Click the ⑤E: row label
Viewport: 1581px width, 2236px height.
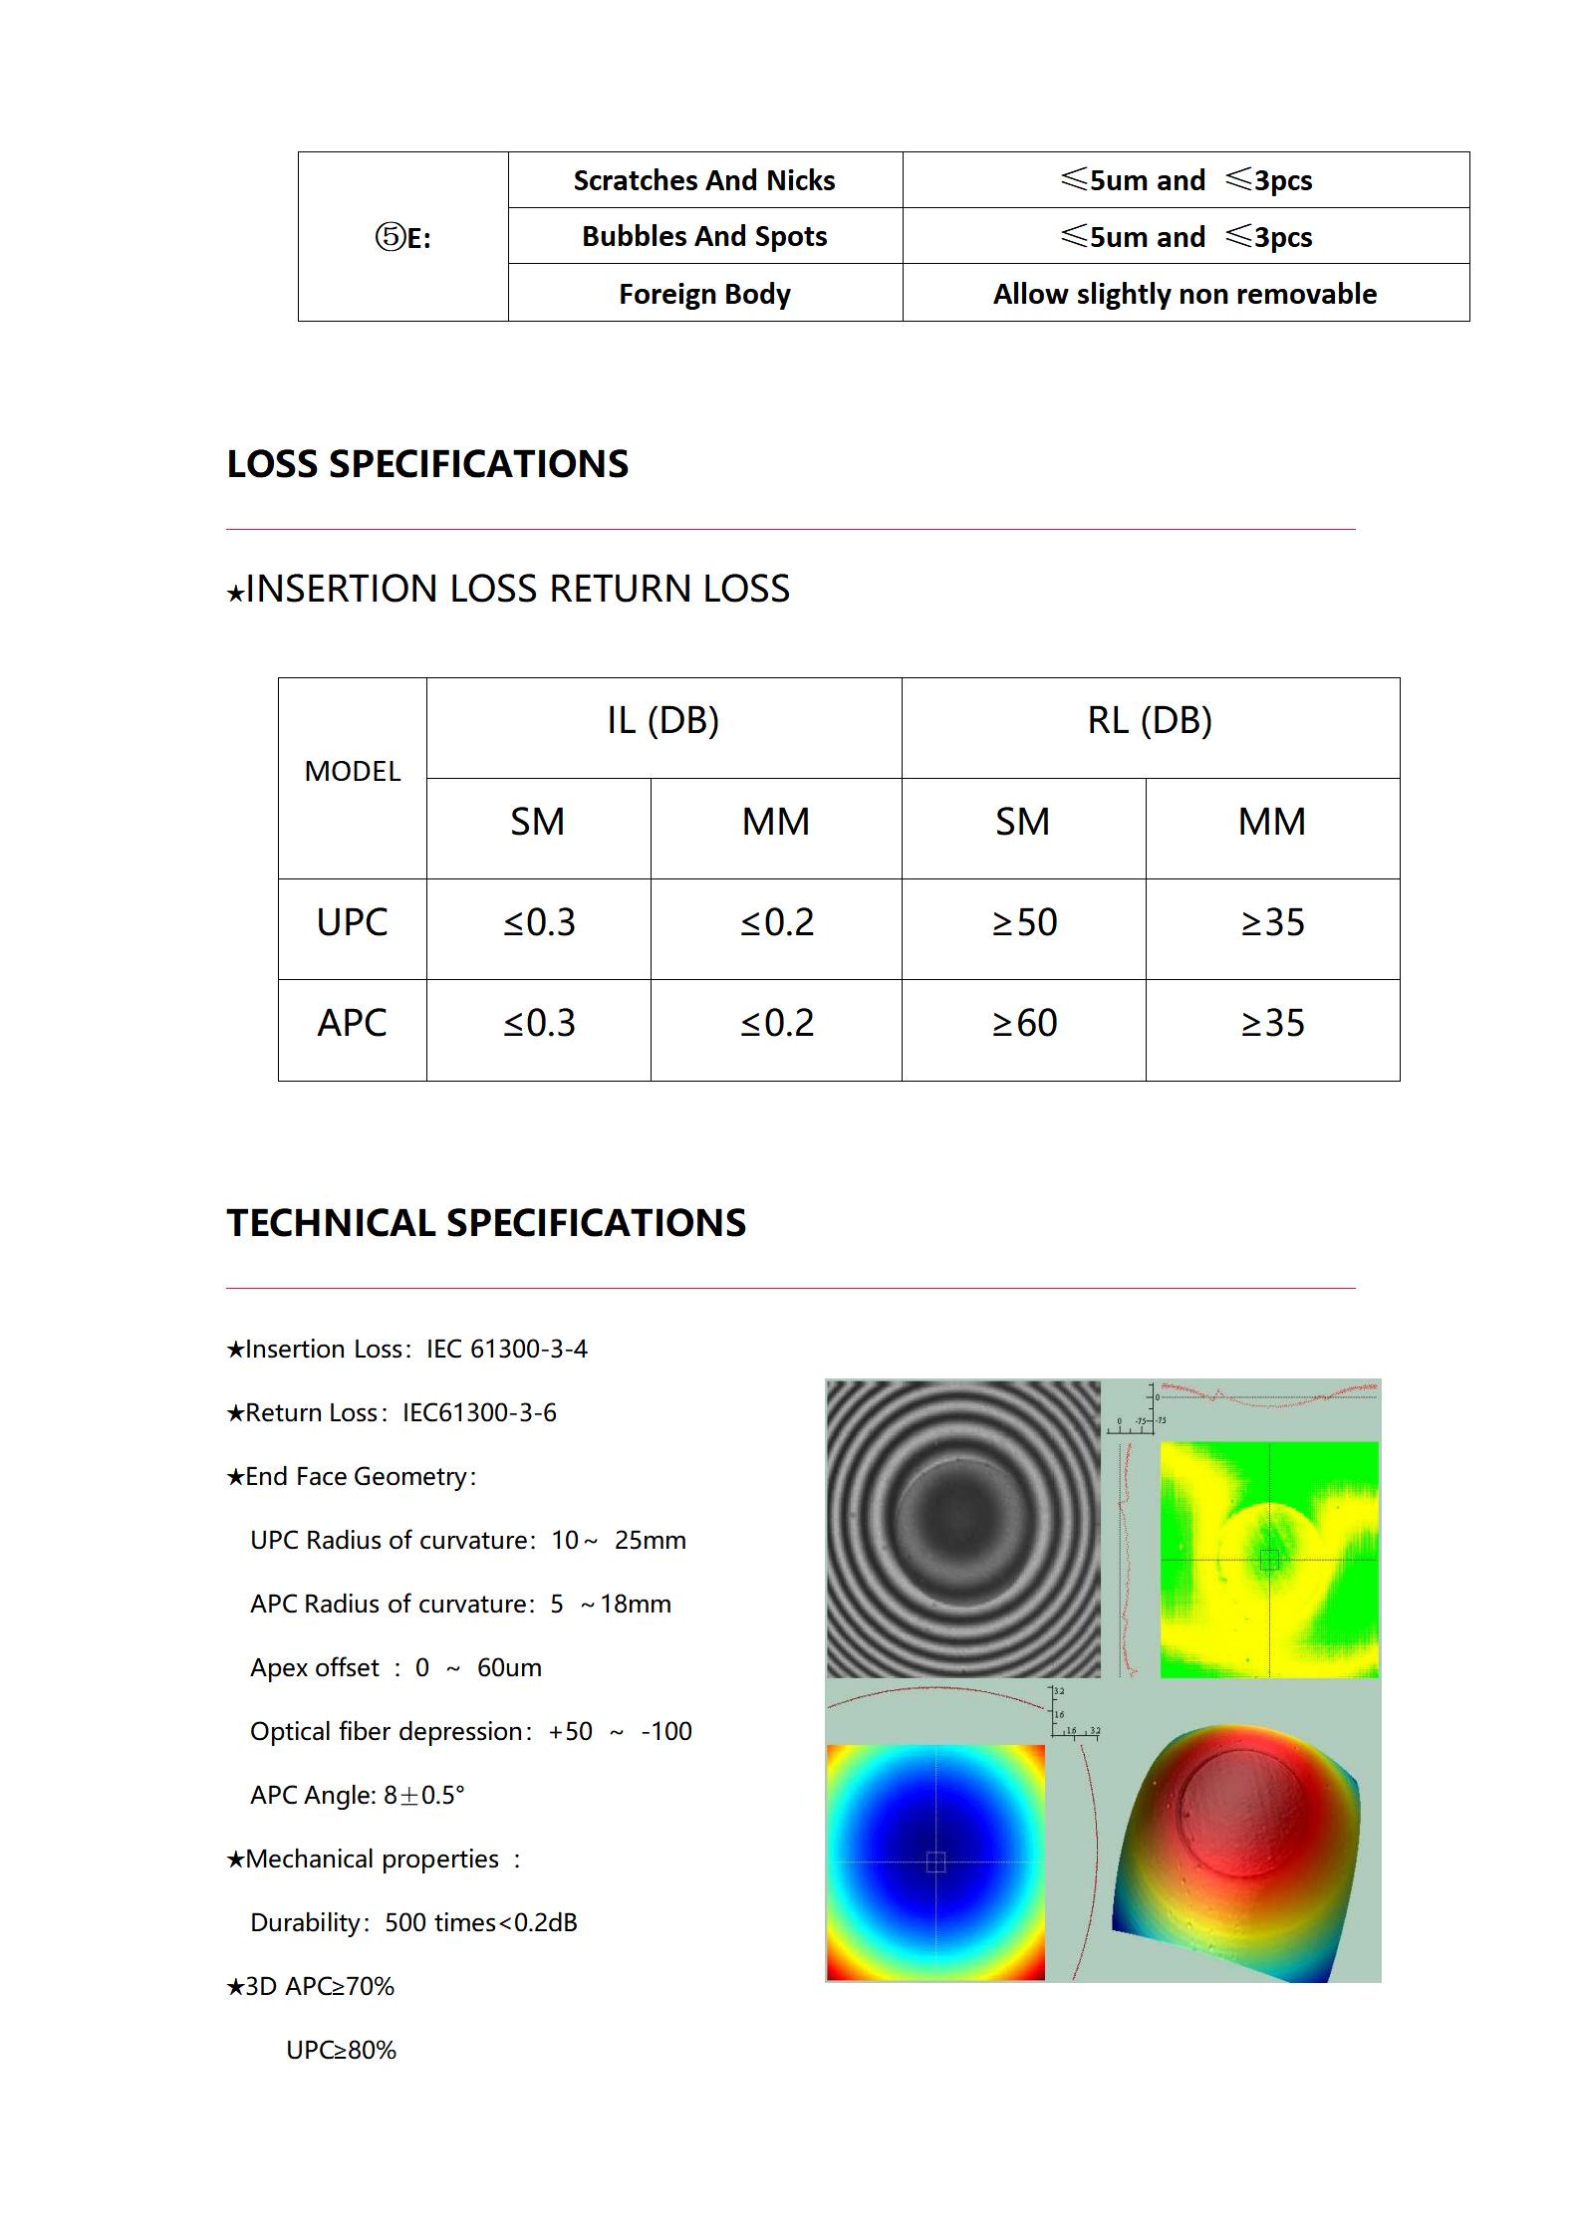(402, 237)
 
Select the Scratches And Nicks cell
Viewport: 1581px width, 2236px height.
(704, 180)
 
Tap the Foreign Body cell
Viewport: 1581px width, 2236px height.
(704, 294)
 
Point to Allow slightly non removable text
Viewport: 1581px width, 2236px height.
(1185, 294)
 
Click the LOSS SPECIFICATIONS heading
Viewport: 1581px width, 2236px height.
(427, 464)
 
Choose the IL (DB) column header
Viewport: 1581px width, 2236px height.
(662, 720)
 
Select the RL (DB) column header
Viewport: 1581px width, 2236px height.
(1150, 720)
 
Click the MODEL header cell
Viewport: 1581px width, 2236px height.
(352, 771)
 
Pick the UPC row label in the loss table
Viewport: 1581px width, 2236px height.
(352, 922)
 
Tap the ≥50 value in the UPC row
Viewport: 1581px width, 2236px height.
(1023, 922)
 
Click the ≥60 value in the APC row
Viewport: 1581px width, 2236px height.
(1023, 1023)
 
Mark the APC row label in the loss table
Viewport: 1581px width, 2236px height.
(352, 1023)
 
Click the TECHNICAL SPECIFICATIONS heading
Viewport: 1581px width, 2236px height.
(486, 1223)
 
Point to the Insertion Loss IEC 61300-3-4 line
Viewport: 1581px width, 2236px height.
(407, 1349)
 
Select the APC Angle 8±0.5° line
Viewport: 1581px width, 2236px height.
(357, 1795)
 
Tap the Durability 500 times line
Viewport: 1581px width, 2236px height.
(413, 1922)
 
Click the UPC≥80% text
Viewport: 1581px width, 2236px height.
(341, 2050)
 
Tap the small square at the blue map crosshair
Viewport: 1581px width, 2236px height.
(935, 1862)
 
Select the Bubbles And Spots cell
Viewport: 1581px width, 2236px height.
(704, 237)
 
